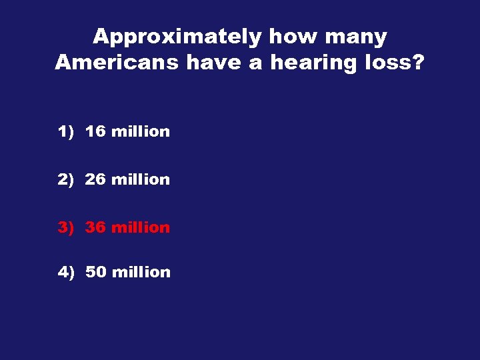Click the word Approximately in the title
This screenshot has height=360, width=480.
[177, 37]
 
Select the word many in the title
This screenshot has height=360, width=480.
[356, 37]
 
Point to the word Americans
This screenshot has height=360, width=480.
[117, 63]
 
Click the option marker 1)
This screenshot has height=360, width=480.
[65, 132]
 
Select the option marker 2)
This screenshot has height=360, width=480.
[65, 180]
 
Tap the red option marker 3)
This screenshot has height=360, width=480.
[65, 228]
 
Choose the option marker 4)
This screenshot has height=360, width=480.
[65, 273]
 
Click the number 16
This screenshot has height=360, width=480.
[95, 132]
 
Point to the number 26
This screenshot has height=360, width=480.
[95, 180]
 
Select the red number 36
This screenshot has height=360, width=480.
[95, 228]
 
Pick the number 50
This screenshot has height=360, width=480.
[95, 273]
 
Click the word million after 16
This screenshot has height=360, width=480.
[141, 132]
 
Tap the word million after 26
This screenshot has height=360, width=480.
[141, 180]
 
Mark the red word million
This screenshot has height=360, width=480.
[141, 228]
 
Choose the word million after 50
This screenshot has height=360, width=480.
[141, 273]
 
